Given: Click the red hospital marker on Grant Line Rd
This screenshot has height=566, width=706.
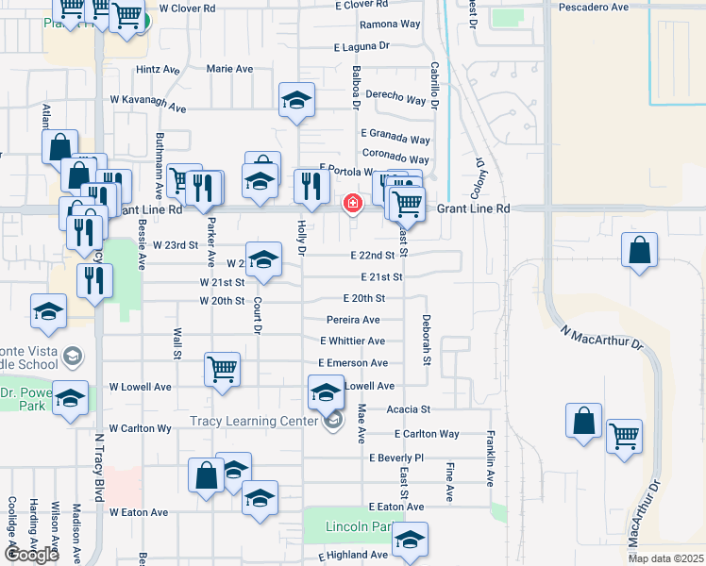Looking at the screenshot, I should click(353, 203).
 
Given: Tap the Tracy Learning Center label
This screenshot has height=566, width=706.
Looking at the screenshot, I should click(258, 421).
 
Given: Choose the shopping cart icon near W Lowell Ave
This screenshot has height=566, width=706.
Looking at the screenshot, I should click(222, 369).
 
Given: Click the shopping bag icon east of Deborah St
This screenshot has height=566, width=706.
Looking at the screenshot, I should click(639, 251).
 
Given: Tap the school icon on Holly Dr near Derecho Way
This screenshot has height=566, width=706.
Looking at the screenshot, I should click(296, 100).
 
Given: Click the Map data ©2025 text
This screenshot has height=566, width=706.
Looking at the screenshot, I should click(665, 558).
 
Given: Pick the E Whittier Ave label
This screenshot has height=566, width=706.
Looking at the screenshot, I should click(352, 341).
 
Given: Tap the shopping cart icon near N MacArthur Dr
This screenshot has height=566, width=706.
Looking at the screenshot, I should click(624, 436).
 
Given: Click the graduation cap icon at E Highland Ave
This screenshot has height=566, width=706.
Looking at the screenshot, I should click(410, 541).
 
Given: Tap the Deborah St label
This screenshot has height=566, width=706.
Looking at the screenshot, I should click(427, 341).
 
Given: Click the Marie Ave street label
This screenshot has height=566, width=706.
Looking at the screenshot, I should click(230, 69).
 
